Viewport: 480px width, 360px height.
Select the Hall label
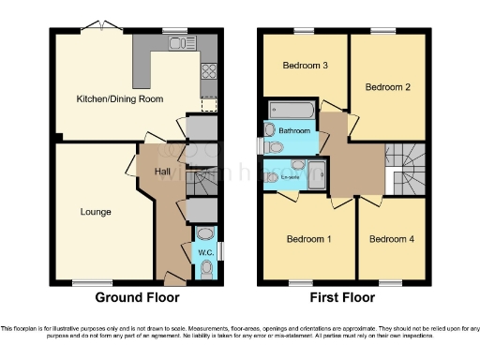tap(162, 172)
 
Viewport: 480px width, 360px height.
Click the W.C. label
tap(204, 252)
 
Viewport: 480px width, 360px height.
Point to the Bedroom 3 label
tap(305, 66)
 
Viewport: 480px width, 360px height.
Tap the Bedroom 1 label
tap(308, 239)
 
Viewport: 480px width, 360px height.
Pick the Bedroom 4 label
tap(390, 239)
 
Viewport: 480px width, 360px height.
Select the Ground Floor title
tap(137, 297)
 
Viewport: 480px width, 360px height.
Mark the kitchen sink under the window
tap(174, 43)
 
